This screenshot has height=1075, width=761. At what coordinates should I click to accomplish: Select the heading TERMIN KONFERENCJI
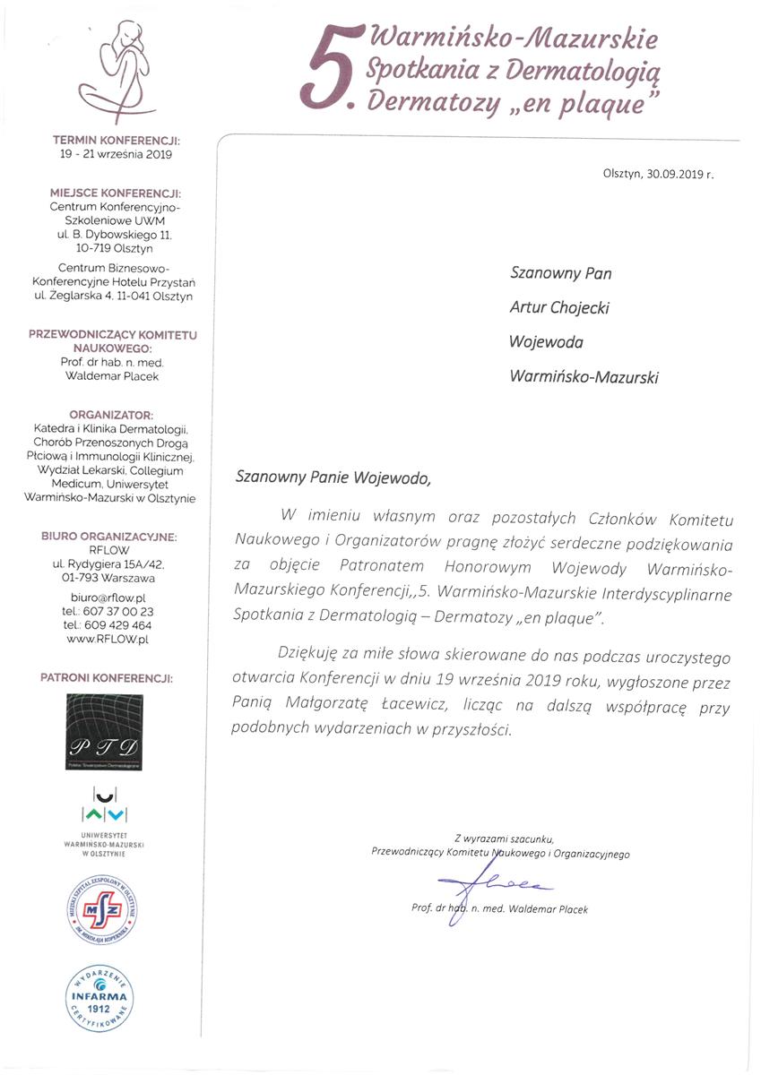(117, 141)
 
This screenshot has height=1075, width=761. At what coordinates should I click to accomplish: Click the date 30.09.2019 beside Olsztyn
(674, 176)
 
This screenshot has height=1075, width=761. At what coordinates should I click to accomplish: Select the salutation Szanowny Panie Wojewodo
(332, 477)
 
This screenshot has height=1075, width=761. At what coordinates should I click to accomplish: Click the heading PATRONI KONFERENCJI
(108, 679)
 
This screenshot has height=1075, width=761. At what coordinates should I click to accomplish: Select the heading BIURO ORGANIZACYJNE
(108, 537)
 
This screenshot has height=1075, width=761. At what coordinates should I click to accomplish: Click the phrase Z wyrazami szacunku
(504, 838)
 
